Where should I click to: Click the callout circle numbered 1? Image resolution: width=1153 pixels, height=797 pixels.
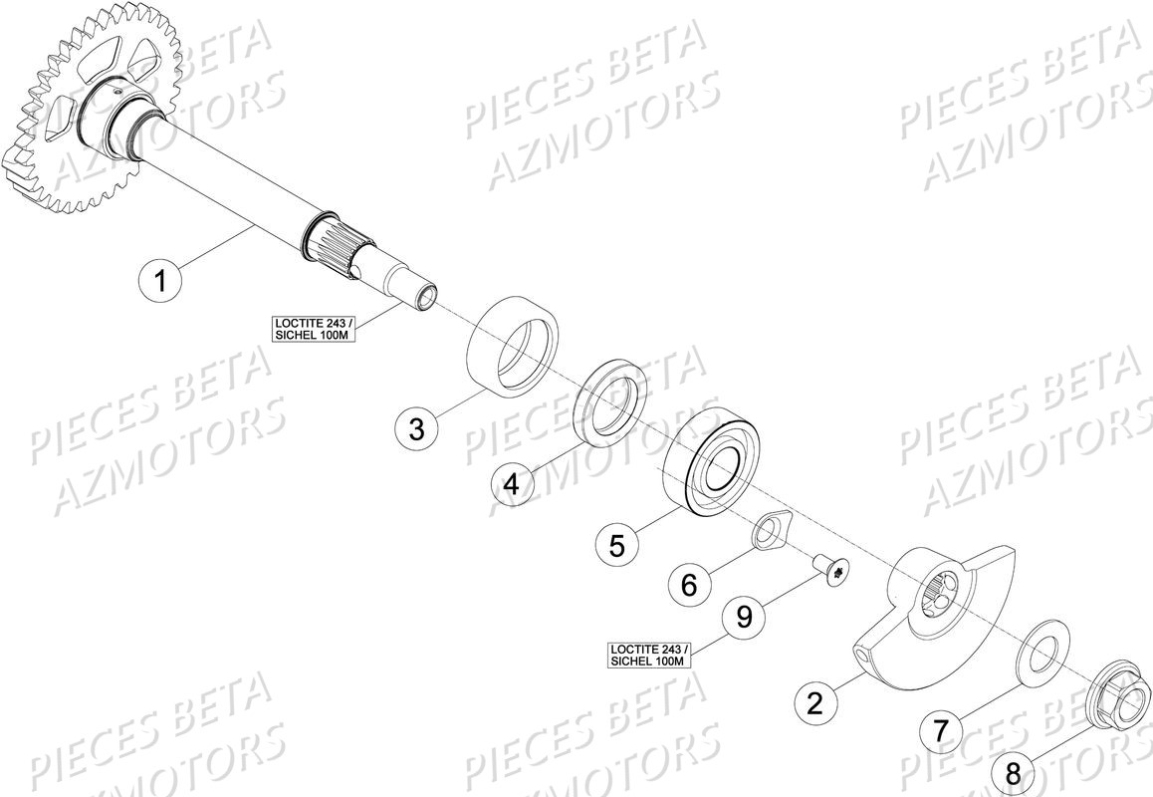160,280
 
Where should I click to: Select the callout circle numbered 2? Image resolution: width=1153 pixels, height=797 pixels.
815,704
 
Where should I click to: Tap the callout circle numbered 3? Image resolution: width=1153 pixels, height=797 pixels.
417,429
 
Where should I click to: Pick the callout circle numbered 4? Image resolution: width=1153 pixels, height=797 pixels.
512,485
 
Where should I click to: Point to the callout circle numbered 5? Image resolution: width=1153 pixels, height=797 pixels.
616,545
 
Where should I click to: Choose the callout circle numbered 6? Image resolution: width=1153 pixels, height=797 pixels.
689,585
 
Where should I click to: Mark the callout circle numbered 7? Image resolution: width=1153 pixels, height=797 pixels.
941,732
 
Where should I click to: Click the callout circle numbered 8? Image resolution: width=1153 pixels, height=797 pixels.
1013,772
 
